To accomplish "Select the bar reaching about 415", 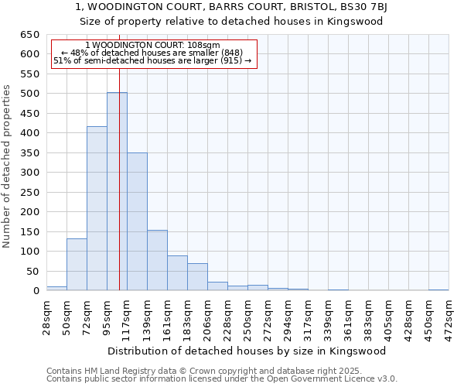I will click(97, 209).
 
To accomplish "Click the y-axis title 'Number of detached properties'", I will click(8, 178).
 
